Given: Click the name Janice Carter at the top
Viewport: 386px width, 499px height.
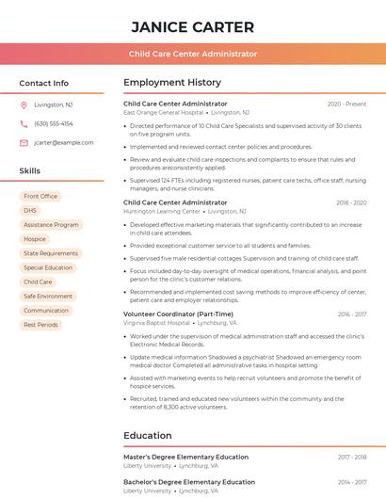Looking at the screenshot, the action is [193, 27].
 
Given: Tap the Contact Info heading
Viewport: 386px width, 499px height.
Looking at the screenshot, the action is [44, 83].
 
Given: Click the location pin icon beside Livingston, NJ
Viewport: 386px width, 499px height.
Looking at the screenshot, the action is [24, 105].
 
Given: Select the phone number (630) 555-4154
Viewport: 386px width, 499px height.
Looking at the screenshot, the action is [54, 123].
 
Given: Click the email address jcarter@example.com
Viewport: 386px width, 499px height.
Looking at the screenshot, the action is [64, 142].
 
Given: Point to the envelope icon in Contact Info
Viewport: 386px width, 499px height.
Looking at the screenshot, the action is [24, 142].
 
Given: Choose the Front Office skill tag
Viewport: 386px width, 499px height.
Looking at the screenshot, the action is [40, 196].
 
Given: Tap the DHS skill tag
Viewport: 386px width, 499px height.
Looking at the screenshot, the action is [30, 210].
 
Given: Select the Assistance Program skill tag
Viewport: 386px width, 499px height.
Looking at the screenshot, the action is [51, 225].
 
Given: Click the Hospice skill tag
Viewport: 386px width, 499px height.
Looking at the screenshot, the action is [35, 239].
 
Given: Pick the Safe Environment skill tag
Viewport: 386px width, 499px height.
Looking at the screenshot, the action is [48, 296].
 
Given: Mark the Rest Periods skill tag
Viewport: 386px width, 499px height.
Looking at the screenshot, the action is [40, 324].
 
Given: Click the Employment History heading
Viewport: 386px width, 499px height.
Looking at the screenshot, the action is [172, 83].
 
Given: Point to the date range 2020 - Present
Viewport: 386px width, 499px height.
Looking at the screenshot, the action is [346, 104].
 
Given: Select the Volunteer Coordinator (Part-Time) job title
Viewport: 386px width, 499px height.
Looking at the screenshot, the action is [178, 314].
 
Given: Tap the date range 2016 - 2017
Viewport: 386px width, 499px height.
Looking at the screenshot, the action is [351, 314].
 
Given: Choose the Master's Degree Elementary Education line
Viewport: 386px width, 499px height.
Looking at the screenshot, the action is [185, 457].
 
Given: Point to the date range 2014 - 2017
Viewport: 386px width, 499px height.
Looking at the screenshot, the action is [351, 482].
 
